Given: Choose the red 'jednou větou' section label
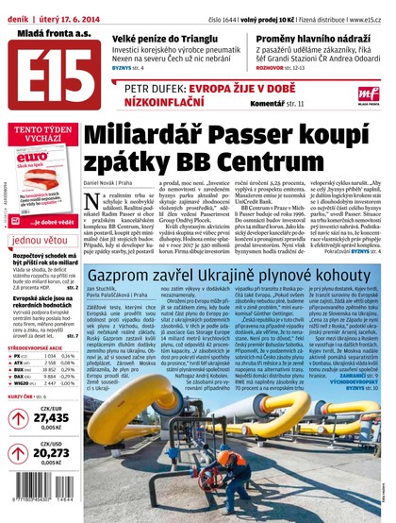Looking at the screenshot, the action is click(41, 240).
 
